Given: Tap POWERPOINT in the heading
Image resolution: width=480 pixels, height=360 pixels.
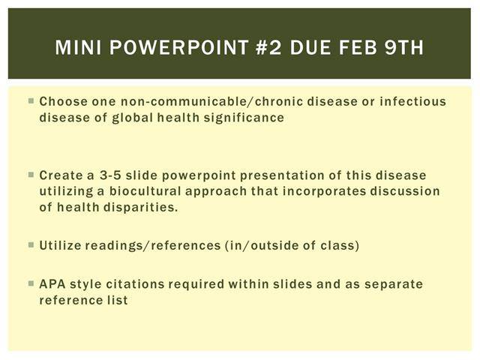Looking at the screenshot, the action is coord(179,47).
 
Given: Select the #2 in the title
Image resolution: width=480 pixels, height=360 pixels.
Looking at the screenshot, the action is coord(268,47).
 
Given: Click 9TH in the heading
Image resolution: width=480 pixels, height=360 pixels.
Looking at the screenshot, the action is coord(404,47).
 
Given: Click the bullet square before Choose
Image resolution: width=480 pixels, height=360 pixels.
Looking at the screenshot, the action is coord(31,100).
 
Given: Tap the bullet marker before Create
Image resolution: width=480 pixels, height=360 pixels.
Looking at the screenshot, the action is coord(31,175).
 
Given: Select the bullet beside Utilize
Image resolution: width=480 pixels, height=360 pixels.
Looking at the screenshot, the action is coord(31,244).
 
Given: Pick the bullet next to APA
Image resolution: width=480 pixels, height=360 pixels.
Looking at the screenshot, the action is coord(31,283).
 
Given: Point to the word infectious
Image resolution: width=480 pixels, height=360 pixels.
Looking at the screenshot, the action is coord(413,101).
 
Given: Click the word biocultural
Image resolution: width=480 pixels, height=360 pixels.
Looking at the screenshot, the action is coord(145,191).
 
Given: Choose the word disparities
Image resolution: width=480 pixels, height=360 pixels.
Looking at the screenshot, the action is coord(140,208).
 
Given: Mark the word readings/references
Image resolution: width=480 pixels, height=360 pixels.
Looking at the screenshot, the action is coord(153,245).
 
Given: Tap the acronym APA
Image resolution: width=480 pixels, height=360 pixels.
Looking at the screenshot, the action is coord(52,284).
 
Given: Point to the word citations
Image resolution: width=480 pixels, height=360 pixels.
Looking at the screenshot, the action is coord(135,284).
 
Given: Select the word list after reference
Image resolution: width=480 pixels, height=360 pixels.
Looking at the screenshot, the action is coord(117,300).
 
